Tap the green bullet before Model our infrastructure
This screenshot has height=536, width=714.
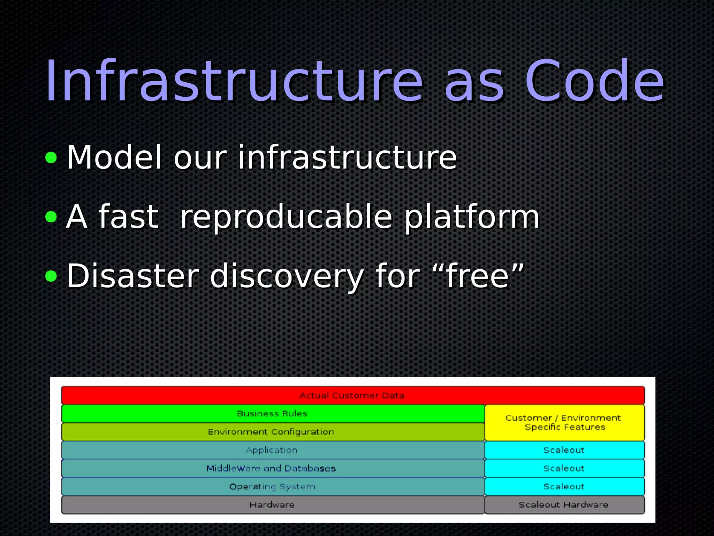[x=51, y=158]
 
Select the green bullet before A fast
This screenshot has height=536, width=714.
[x=51, y=217]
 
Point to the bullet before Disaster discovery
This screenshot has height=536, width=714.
[x=51, y=276]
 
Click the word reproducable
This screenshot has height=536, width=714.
[x=286, y=217]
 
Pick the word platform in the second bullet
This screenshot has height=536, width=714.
[x=472, y=217]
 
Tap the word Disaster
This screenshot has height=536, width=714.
[x=132, y=276]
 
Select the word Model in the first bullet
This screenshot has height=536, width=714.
[x=114, y=158]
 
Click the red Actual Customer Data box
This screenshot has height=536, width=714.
[x=352, y=395]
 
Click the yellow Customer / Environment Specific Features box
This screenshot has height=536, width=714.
[x=564, y=423]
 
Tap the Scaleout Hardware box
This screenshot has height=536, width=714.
[x=564, y=505]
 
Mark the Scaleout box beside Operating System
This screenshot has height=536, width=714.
[x=564, y=486]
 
